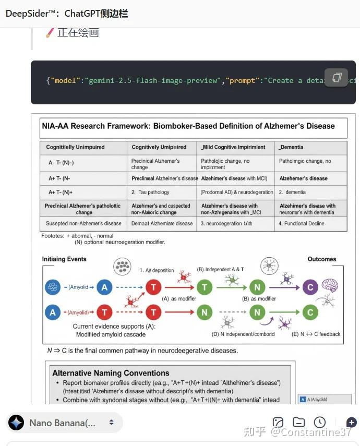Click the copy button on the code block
tap(337, 78)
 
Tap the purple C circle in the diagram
tap(310, 287)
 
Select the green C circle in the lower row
tap(310, 312)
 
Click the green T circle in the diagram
tap(204, 287)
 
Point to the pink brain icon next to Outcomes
tap(330, 285)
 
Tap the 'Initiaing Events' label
tap(65, 259)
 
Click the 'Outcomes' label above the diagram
tap(322, 259)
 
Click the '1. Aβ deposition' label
tap(158, 270)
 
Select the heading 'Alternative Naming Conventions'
tap(111, 373)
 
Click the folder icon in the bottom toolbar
tap(299, 423)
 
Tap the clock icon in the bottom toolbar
tap(320, 423)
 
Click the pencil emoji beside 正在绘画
tap(50, 33)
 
